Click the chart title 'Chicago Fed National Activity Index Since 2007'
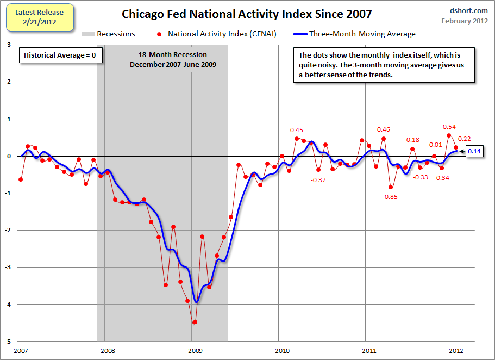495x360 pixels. [x=247, y=13]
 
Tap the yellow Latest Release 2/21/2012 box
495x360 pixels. [x=39, y=17]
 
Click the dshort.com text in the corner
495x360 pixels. [x=465, y=10]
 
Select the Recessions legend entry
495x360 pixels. [x=109, y=34]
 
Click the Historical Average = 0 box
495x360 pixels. [x=60, y=55]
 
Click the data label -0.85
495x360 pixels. [x=390, y=197]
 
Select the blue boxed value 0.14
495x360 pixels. [x=474, y=151]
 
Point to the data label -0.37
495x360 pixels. [x=318, y=180]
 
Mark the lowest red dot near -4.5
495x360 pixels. [x=195, y=322]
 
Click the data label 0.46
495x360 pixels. [x=384, y=129]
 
